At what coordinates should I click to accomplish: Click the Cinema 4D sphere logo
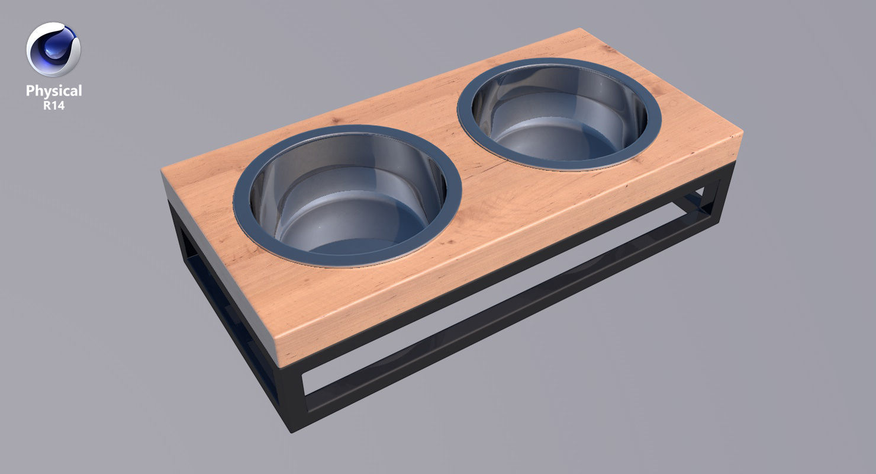(53, 50)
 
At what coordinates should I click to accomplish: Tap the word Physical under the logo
(54, 91)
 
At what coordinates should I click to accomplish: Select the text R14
(54, 105)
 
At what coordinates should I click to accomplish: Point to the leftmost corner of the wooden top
(162, 172)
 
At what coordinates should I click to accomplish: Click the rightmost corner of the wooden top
(742, 134)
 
